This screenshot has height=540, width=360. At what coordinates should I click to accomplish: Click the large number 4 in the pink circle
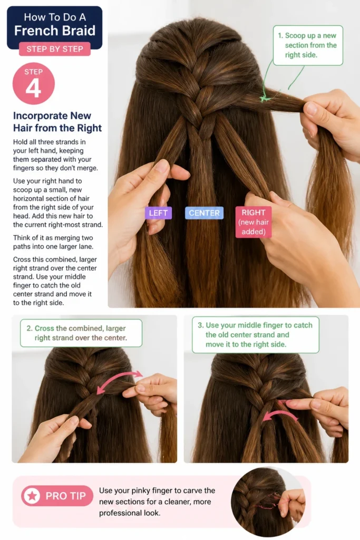tap(33, 89)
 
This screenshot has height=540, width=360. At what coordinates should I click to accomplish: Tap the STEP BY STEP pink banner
tap(55, 49)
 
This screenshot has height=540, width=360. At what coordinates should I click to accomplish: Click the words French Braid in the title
tap(55, 31)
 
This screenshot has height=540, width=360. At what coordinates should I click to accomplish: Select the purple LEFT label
tap(158, 213)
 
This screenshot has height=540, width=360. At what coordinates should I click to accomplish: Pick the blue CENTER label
tap(204, 213)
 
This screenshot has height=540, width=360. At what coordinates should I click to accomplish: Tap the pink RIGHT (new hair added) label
tap(254, 222)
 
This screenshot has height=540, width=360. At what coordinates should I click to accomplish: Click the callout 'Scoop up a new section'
tap(308, 45)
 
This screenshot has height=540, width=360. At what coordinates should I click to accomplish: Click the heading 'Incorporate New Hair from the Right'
tap(57, 122)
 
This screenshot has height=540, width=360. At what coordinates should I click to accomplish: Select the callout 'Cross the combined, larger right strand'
tap(81, 333)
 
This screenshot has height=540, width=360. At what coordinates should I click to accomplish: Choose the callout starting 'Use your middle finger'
tap(255, 335)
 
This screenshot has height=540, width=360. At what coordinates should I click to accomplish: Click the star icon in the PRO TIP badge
tap(32, 496)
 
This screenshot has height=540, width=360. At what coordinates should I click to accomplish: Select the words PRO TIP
tap(66, 496)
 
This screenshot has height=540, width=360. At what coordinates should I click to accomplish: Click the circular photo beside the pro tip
tap(268, 502)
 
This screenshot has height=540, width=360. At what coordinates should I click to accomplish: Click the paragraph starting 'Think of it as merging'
tap(53, 242)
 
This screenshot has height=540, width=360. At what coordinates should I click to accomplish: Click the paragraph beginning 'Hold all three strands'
tap(55, 155)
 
